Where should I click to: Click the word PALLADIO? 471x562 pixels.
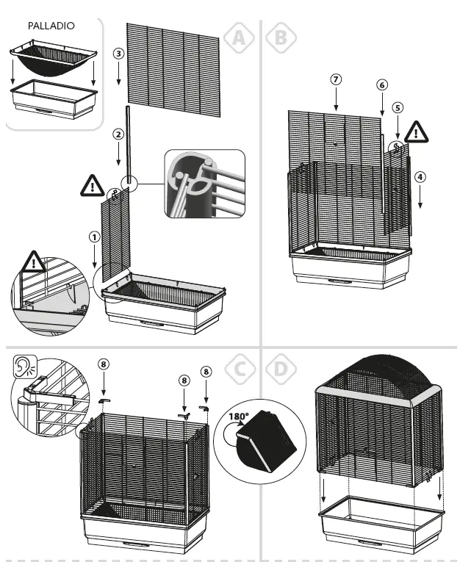click(51, 25)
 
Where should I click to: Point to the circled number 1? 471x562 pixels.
click(94, 237)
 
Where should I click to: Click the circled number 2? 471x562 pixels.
click(118, 134)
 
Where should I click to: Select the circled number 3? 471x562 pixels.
click(118, 54)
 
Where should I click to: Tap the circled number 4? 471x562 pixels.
click(419, 176)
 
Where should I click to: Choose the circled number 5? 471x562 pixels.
click(398, 107)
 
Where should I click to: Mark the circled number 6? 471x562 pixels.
click(381, 85)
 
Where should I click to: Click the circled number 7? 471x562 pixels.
click(335, 79)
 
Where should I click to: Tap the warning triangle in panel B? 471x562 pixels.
click(417, 132)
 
